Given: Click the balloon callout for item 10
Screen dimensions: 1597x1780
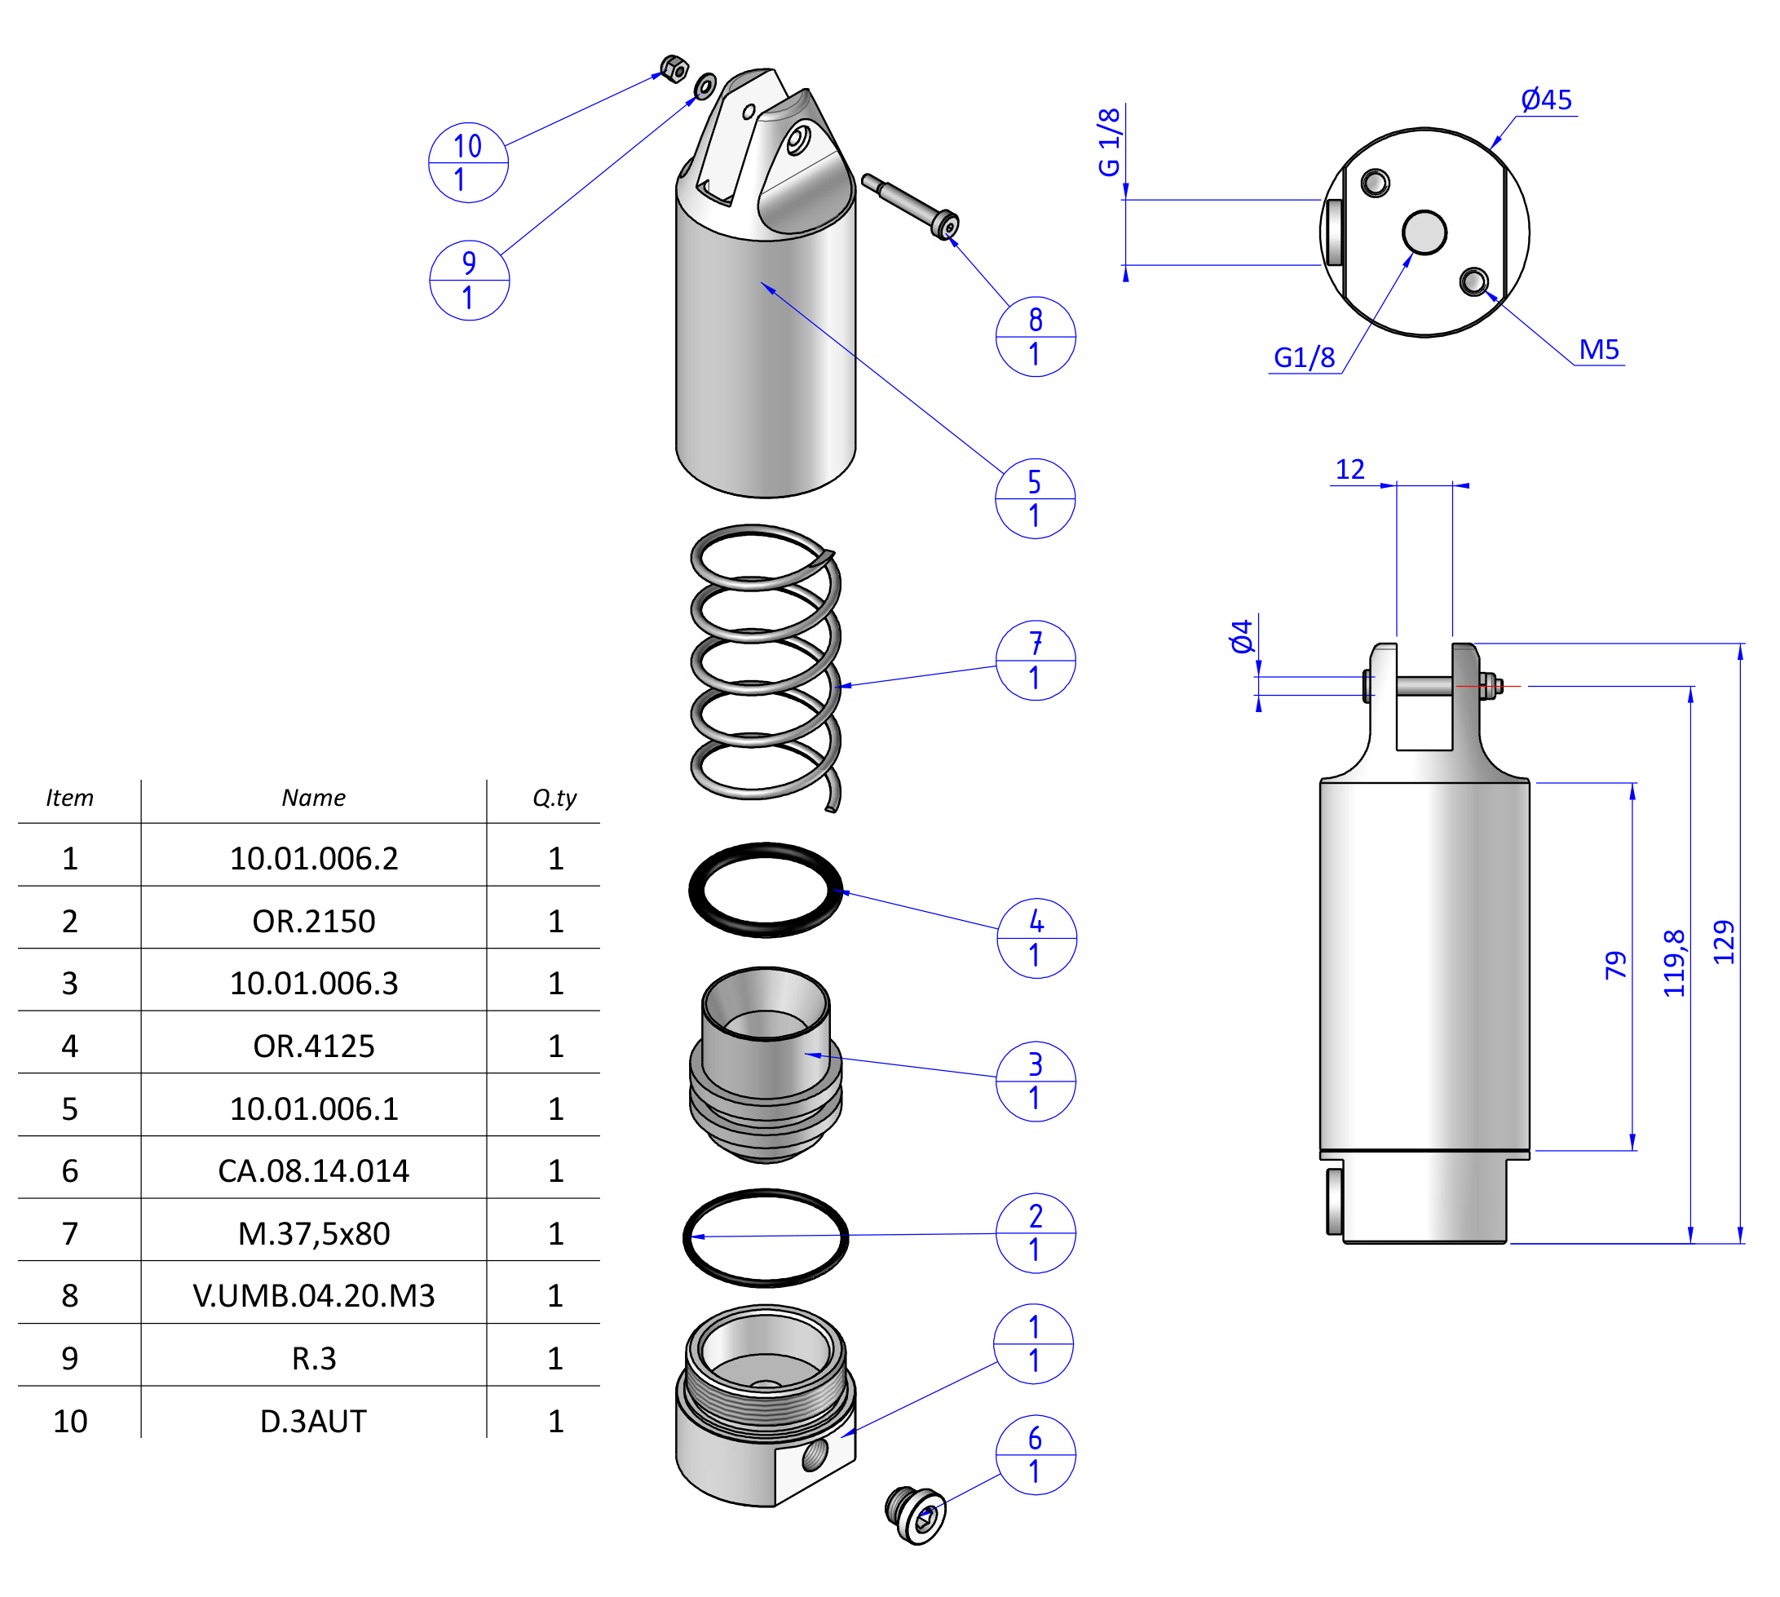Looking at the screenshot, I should pyautogui.click(x=467, y=162).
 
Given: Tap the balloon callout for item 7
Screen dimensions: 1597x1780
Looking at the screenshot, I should pyautogui.click(x=1036, y=661).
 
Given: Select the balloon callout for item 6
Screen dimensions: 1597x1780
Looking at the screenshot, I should pyautogui.click(x=1036, y=1454).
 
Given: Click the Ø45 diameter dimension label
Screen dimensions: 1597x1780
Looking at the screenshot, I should pyautogui.click(x=1546, y=100).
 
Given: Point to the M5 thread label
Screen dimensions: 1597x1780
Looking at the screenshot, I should pyautogui.click(x=1598, y=350).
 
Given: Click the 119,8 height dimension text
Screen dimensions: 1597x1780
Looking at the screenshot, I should pyautogui.click(x=1674, y=962).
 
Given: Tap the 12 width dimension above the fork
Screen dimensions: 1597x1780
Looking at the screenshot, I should pyautogui.click(x=1349, y=470).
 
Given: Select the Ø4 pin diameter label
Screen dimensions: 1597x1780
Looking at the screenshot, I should pyautogui.click(x=1241, y=636).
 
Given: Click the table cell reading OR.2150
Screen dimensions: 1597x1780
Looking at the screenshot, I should pyautogui.click(x=313, y=922).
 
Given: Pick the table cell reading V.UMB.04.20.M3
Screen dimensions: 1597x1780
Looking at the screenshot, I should pyautogui.click(x=313, y=1295).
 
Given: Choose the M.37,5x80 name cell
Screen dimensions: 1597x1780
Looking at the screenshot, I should pyautogui.click(x=313, y=1234).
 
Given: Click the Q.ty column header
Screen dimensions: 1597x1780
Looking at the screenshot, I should pyautogui.click(x=554, y=798).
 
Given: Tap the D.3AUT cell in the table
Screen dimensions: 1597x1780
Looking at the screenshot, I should pyautogui.click(x=313, y=1421).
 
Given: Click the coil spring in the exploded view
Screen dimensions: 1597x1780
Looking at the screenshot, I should pyautogui.click(x=765, y=667).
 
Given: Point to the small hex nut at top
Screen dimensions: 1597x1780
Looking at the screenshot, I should pyautogui.click(x=673, y=69).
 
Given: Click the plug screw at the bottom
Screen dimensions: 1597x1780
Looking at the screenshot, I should pyautogui.click(x=915, y=1515).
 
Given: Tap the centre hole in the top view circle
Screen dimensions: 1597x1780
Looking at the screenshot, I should pyautogui.click(x=1424, y=232).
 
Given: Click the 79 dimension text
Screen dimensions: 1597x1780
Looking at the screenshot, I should pyautogui.click(x=1615, y=964).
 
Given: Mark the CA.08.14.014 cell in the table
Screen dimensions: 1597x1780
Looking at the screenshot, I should pyautogui.click(x=313, y=1170).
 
